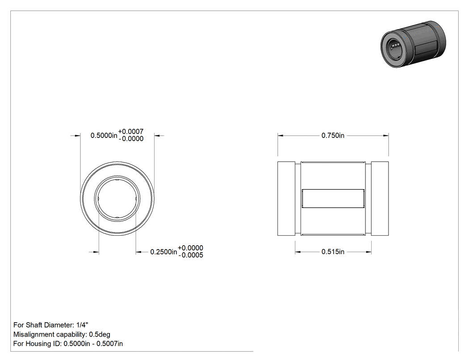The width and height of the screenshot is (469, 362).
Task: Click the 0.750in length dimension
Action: point(333,135)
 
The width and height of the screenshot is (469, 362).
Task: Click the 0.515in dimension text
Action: point(333,252)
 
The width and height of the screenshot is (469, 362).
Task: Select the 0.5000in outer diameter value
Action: point(104,135)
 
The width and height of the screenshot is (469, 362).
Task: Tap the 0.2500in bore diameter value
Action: point(163,252)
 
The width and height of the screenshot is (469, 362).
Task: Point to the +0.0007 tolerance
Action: point(131,132)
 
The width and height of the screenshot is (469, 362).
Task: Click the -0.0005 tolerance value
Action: point(191,255)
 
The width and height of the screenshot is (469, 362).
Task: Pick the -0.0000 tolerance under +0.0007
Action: point(131,139)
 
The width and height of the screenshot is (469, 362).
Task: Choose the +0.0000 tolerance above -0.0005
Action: point(191,248)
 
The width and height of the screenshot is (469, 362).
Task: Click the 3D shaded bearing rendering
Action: point(413,44)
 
